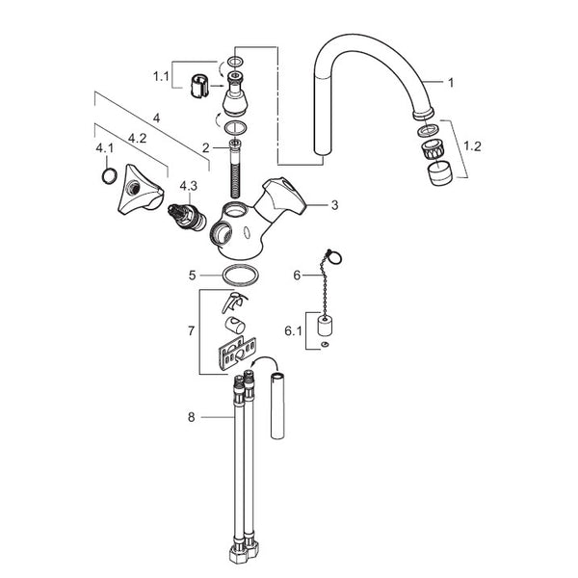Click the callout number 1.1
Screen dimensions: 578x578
point(161,76)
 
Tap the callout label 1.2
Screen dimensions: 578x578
point(472,146)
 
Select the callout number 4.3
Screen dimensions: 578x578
point(189,186)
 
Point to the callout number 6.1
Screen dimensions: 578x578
point(293,331)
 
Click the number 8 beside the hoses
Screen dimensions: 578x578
point(192,417)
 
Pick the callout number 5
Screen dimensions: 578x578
point(192,276)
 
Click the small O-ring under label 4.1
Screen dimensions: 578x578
point(110,175)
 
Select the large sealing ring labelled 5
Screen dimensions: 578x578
point(241,275)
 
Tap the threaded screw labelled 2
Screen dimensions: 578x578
point(235,169)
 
